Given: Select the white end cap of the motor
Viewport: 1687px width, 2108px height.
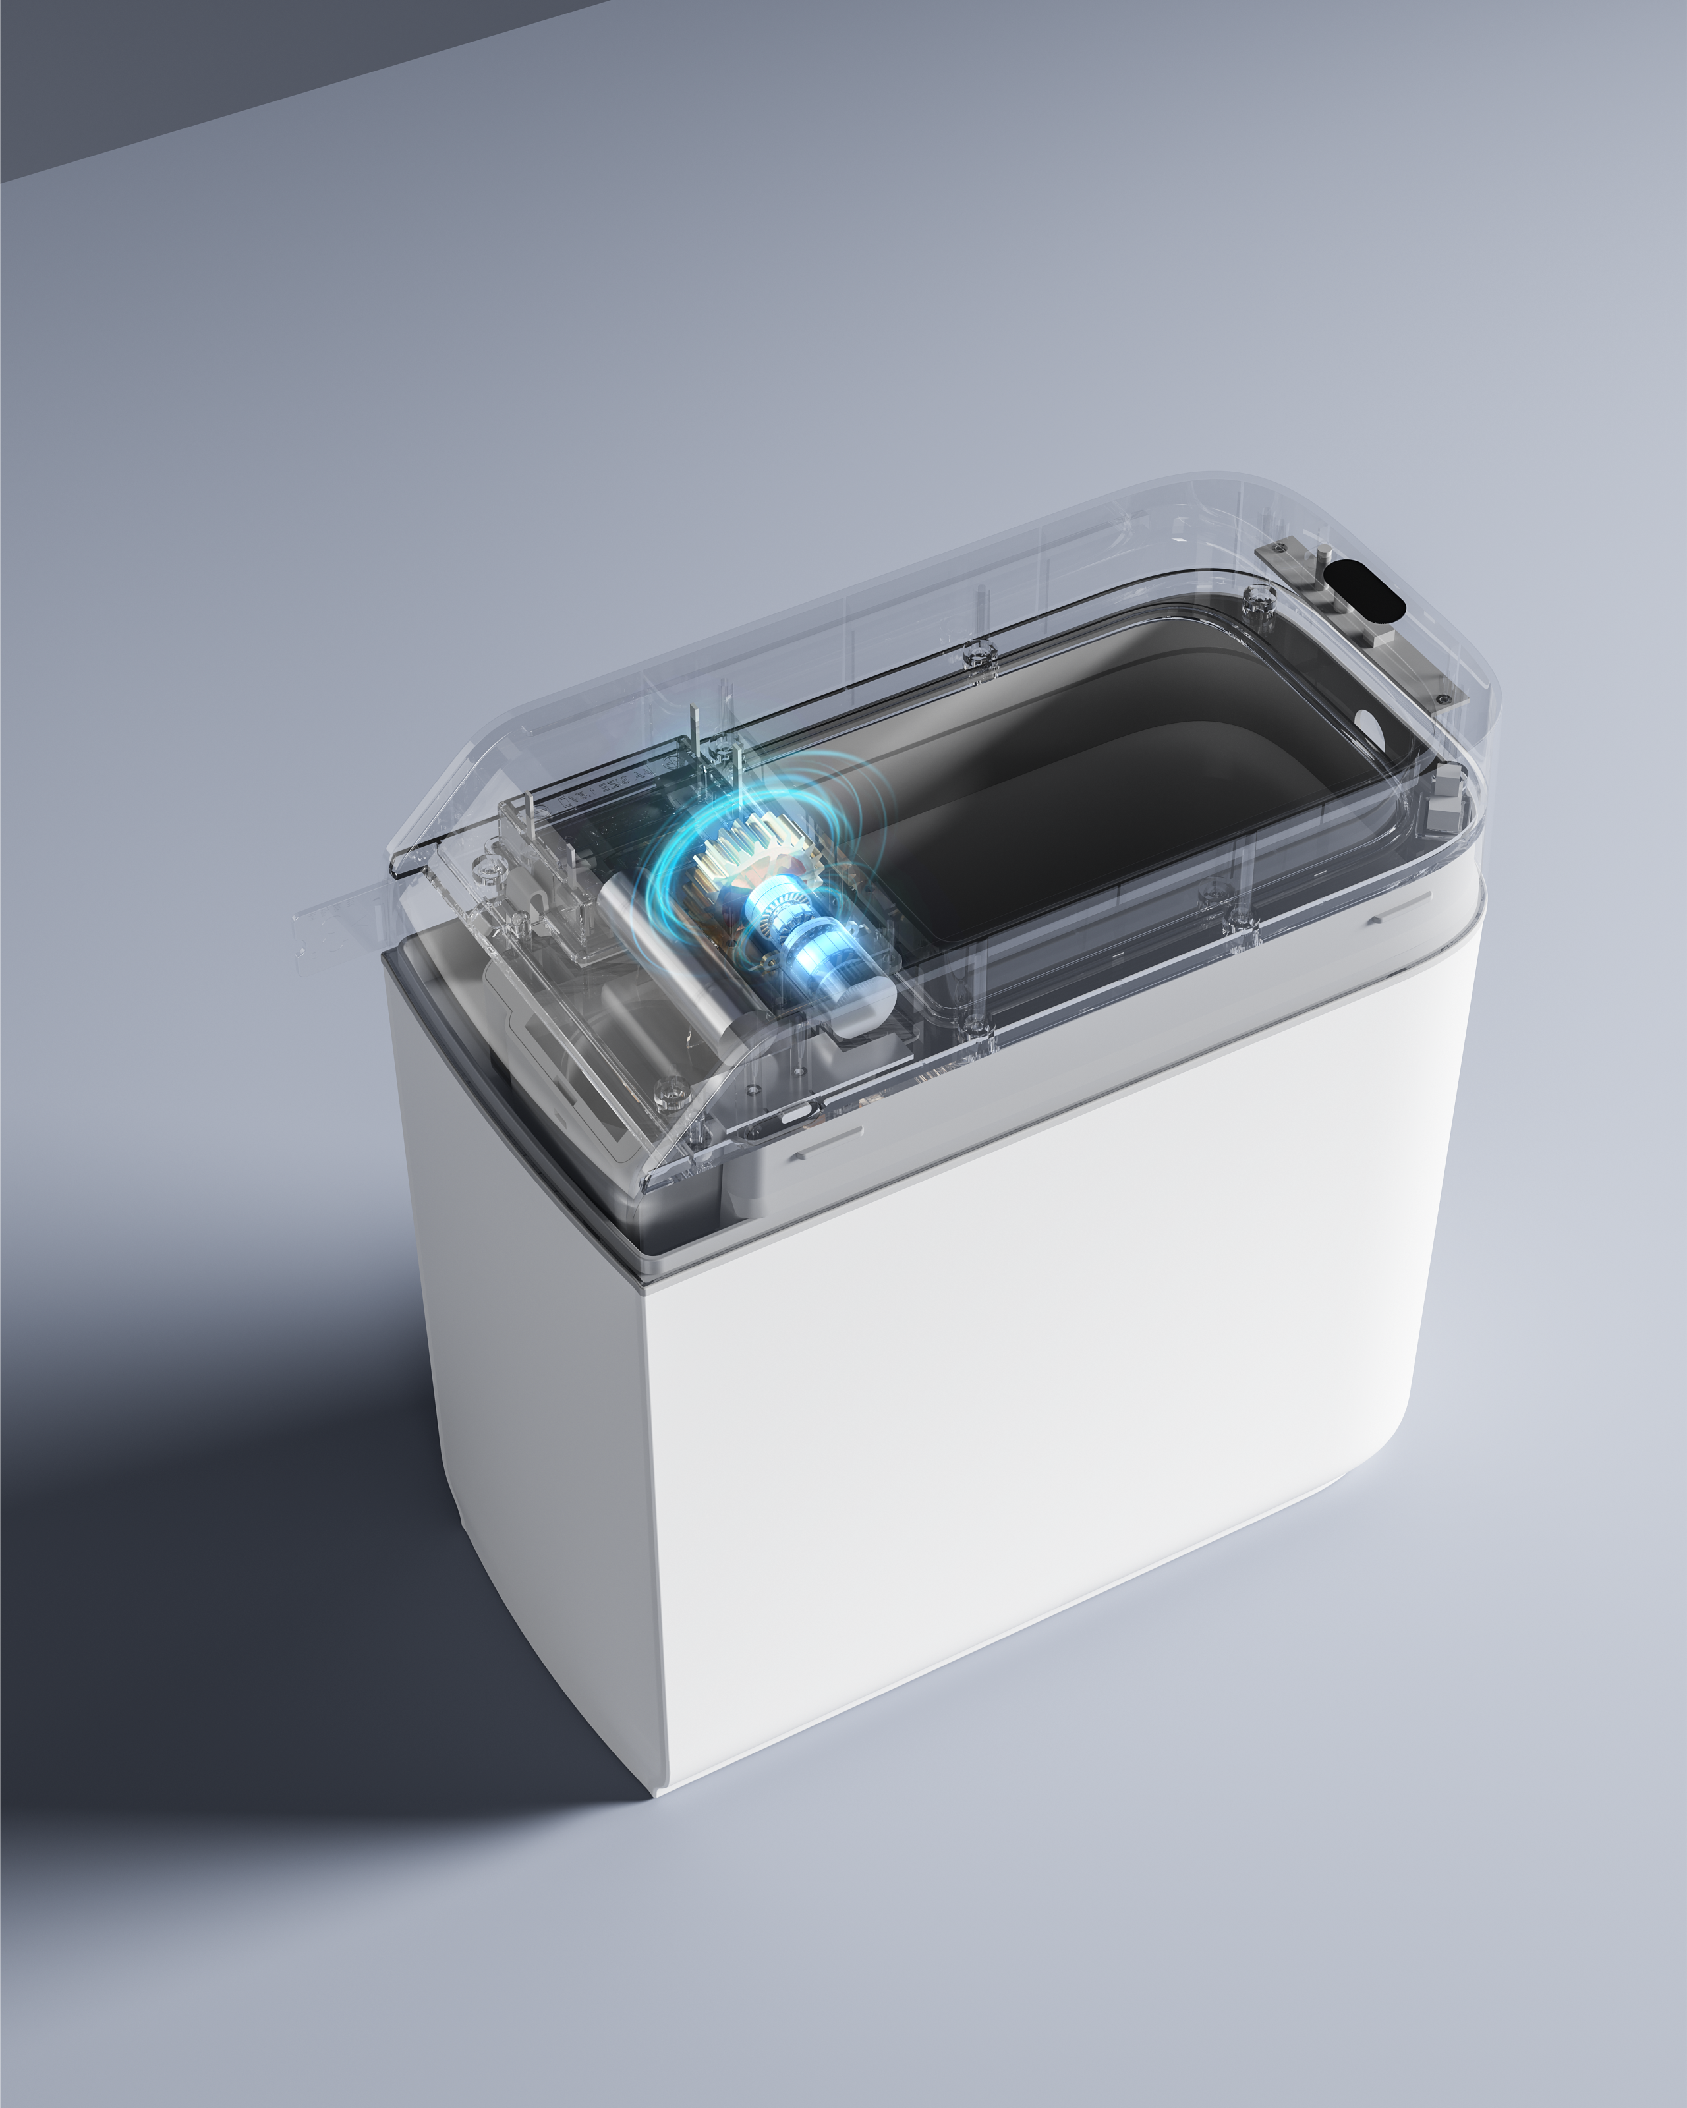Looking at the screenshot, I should pyautogui.click(x=865, y=1007).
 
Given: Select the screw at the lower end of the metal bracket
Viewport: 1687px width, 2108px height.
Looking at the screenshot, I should pyautogui.click(x=1443, y=698).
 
